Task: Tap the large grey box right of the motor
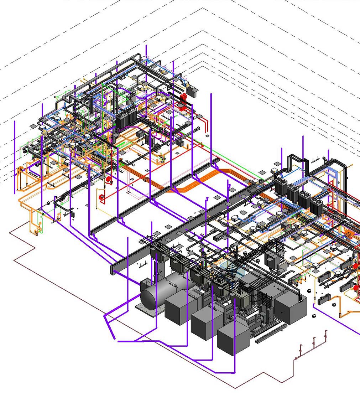click(290, 308)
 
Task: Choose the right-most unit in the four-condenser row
click(316, 206)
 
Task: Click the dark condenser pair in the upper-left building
click(126, 118)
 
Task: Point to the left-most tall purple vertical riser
click(15, 157)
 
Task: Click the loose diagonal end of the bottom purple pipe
click(110, 330)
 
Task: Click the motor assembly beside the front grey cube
click(260, 321)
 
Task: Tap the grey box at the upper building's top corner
click(192, 91)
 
